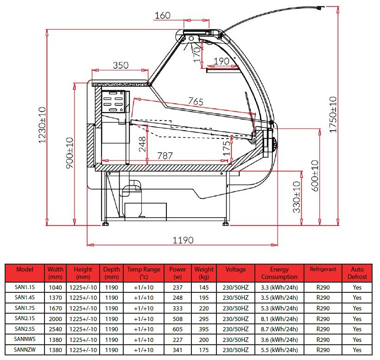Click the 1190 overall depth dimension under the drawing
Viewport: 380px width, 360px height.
point(183,240)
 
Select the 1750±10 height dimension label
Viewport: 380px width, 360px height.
point(333,114)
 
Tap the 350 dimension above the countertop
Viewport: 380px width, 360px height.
point(120,65)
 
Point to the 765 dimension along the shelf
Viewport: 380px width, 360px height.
point(196,101)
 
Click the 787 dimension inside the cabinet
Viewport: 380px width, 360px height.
point(165,156)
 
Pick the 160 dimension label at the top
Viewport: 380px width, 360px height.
point(163,15)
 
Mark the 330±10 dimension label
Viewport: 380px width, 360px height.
point(297,197)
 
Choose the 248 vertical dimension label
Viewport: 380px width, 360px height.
point(142,144)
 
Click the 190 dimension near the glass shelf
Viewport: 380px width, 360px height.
point(222,61)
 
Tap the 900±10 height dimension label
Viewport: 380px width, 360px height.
point(70,153)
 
